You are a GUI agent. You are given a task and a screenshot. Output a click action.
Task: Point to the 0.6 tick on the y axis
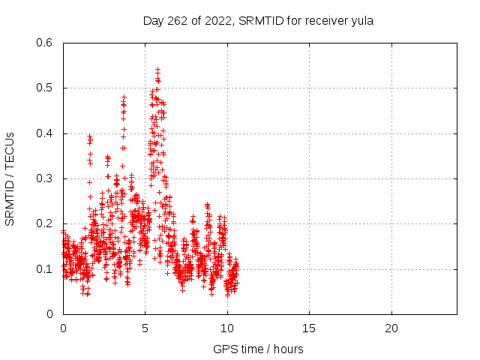(44, 43)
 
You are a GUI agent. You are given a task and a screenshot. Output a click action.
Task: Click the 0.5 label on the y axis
(44, 88)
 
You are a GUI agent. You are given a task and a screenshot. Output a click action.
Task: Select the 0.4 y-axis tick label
(44, 133)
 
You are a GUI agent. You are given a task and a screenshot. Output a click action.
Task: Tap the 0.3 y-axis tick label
(44, 178)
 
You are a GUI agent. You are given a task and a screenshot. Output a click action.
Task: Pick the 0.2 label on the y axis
(44, 223)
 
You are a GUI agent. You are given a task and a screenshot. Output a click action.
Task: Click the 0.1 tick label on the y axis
(44, 269)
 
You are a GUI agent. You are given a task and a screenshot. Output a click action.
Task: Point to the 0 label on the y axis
(49, 314)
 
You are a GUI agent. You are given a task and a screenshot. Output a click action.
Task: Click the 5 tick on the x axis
(145, 328)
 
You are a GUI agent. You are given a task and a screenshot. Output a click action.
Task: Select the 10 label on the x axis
(227, 328)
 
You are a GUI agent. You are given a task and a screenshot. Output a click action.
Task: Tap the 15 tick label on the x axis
(309, 328)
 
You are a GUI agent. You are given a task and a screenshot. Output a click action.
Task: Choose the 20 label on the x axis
(391, 328)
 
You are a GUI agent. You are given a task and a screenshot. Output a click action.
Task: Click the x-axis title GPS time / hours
(258, 349)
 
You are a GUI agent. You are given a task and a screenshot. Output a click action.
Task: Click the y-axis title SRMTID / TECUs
(10, 179)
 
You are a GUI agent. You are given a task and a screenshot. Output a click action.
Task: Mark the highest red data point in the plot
(158, 70)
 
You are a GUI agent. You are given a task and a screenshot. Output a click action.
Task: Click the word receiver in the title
(327, 21)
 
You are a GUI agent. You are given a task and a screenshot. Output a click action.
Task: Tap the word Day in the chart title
(154, 22)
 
